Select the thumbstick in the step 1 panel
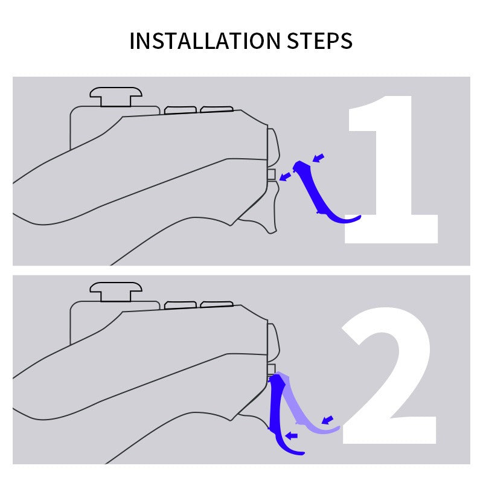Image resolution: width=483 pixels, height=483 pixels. tap(116, 97)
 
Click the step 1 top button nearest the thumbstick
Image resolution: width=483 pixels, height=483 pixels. tap(181, 110)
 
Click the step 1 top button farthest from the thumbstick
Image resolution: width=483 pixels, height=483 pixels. tap(217, 109)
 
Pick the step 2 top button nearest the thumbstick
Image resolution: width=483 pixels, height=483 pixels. tap(181, 305)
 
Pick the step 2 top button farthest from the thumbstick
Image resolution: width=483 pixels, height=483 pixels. tap(217, 304)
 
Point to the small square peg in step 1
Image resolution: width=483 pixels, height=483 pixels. tap(271, 174)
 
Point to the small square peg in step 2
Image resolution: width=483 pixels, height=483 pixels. tap(271, 368)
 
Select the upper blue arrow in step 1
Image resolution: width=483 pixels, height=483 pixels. tap(319, 158)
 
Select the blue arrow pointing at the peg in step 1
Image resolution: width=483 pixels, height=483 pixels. tap(286, 176)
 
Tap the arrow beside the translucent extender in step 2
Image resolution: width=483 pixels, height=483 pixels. tap(327, 419)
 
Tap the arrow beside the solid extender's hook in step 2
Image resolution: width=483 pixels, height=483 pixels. tap(292, 435)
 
